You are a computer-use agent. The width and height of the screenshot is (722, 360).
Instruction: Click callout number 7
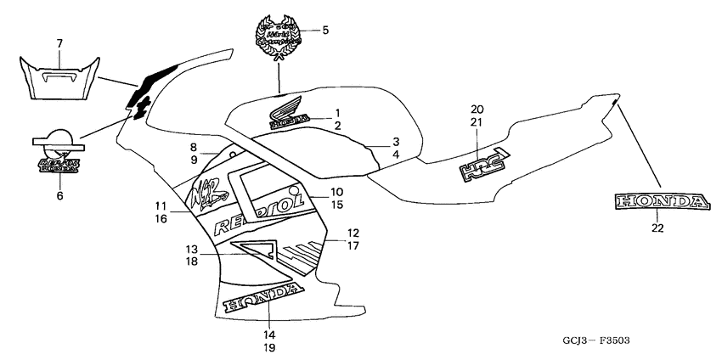tap(59, 42)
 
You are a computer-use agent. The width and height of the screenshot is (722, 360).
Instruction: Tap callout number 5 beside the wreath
tap(325, 31)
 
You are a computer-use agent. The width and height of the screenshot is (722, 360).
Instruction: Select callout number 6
tap(59, 196)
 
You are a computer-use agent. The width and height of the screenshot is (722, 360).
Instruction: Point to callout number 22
tap(658, 228)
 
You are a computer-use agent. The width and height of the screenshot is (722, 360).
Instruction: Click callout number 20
tap(477, 110)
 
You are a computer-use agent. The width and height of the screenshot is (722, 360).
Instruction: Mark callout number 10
tap(336, 192)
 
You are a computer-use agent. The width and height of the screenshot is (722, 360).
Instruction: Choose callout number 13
tap(192, 250)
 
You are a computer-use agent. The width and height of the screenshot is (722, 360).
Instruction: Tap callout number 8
tap(194, 147)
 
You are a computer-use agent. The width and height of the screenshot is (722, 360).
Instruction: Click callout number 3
tap(396, 141)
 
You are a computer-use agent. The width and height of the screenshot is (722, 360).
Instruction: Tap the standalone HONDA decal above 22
tap(658, 201)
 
